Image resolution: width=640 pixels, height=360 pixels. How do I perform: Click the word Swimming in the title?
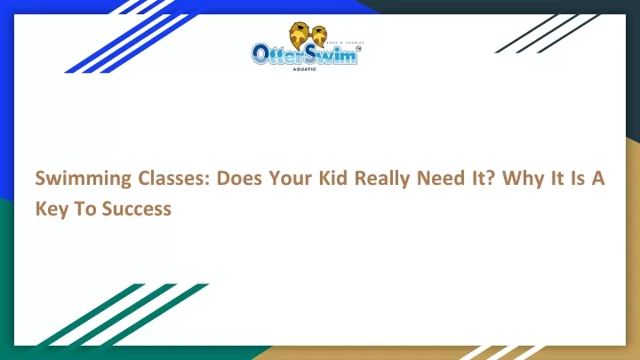click(x=84, y=179)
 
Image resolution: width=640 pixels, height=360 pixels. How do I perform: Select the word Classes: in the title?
click(x=173, y=178)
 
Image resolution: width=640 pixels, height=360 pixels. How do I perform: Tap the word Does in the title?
click(x=239, y=178)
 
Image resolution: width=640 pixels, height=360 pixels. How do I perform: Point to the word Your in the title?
click(x=290, y=178)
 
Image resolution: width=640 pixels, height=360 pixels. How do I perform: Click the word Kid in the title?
click(x=333, y=178)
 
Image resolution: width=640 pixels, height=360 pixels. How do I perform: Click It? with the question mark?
click(x=484, y=178)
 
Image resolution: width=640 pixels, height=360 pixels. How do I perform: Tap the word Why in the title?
click(x=524, y=179)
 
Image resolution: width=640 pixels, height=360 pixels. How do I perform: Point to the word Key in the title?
click(x=52, y=210)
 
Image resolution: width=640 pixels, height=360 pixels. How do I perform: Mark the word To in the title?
click(x=85, y=209)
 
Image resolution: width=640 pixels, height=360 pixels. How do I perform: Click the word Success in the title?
click(x=137, y=209)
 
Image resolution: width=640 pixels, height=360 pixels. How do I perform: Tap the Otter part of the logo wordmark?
click(x=278, y=55)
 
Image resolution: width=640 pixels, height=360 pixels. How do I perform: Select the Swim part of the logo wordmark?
click(x=331, y=53)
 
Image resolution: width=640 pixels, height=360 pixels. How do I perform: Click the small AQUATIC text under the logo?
click(x=305, y=69)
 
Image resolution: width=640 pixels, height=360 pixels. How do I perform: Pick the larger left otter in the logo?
click(x=300, y=35)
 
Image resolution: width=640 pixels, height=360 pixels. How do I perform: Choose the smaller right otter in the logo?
click(x=319, y=36)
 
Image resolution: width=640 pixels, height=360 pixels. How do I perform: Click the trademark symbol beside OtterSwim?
click(x=358, y=49)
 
